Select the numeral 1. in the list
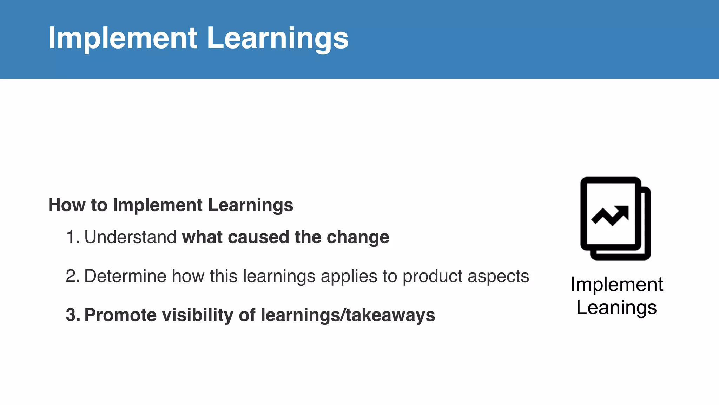click(73, 237)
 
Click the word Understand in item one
click(130, 237)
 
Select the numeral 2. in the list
click(73, 276)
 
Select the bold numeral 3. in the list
click(73, 315)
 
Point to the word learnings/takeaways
click(348, 315)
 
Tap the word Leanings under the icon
click(616, 307)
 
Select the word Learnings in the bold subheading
click(250, 205)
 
